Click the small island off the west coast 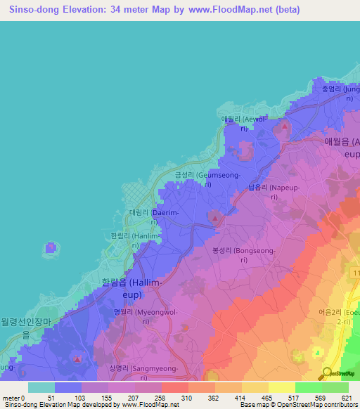click(51, 247)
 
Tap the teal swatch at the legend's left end click(41, 387)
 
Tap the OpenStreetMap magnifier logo click(326, 372)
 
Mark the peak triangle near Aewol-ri click(284, 126)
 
